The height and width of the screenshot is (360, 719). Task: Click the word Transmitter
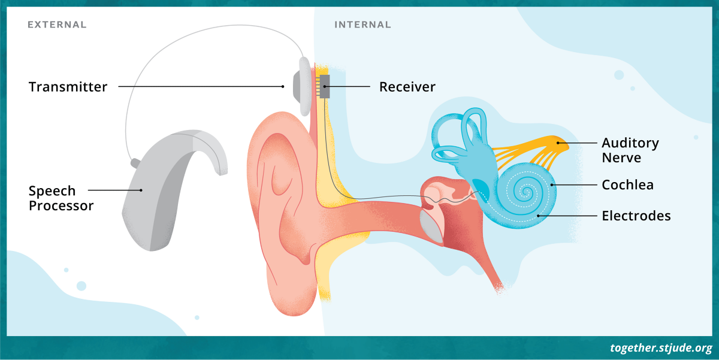point(68,87)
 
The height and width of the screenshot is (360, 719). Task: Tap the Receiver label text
point(407,87)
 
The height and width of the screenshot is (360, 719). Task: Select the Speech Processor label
point(61,198)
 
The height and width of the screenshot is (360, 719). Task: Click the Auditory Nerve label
point(630,150)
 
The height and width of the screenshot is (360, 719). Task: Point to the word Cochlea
point(627,185)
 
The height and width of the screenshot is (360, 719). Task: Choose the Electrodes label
point(636,216)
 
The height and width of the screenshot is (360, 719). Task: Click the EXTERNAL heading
point(57,25)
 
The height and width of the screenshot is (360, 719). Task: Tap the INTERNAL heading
point(362,25)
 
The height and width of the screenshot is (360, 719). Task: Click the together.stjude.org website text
point(661,348)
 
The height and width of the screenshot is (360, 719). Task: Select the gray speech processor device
point(156,198)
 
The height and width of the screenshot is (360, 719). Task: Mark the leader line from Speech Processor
point(114,190)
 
